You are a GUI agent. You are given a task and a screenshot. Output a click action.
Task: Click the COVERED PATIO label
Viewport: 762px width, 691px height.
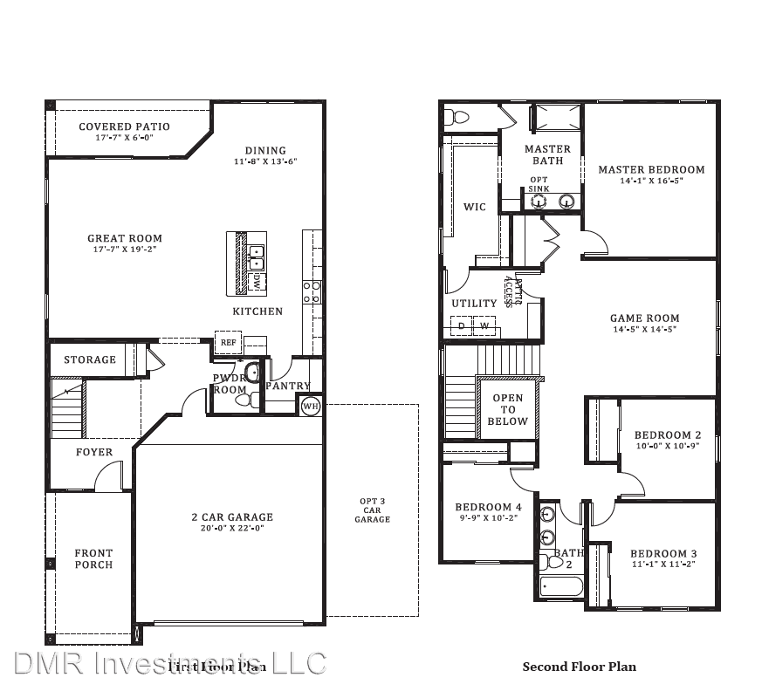pyautogui.click(x=124, y=127)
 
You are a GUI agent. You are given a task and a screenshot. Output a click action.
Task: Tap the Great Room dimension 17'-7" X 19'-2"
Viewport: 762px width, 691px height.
pyautogui.click(x=124, y=249)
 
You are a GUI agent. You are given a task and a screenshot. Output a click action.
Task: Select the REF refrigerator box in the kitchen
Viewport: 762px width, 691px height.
pyautogui.click(x=228, y=342)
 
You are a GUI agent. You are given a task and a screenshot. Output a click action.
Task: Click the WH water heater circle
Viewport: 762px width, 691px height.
pyautogui.click(x=310, y=406)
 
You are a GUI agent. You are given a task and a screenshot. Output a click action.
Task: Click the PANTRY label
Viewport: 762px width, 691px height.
pyautogui.click(x=288, y=386)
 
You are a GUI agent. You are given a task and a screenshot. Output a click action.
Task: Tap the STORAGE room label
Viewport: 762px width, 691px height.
pyautogui.click(x=89, y=359)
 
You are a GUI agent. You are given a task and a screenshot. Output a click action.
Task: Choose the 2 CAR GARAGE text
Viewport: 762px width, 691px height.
pyautogui.click(x=231, y=517)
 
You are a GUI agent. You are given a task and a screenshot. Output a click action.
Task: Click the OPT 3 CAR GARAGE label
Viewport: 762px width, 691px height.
pyautogui.click(x=372, y=510)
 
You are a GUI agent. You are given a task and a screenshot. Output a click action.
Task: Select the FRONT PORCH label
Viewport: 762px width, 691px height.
pyautogui.click(x=93, y=558)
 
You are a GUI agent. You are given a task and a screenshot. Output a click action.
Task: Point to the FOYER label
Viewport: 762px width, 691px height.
pyautogui.click(x=93, y=452)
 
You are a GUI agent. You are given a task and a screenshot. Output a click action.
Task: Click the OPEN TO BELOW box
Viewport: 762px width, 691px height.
pyautogui.click(x=508, y=409)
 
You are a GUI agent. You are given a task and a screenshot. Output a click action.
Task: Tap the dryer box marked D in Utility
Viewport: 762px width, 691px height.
pyautogui.click(x=461, y=326)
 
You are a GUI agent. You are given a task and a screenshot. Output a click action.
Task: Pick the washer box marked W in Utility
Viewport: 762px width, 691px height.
pyautogui.click(x=484, y=326)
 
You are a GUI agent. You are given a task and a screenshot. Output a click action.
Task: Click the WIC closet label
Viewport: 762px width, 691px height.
pyautogui.click(x=475, y=207)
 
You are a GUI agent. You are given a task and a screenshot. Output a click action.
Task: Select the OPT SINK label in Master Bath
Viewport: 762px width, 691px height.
pyautogui.click(x=539, y=184)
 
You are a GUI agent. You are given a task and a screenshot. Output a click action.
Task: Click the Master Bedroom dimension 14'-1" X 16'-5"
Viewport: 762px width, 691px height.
pyautogui.click(x=650, y=181)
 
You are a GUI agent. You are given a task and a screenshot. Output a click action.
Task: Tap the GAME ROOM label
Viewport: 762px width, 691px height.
pyautogui.click(x=644, y=318)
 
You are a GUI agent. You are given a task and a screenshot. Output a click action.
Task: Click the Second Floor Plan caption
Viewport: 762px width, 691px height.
pyautogui.click(x=579, y=667)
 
